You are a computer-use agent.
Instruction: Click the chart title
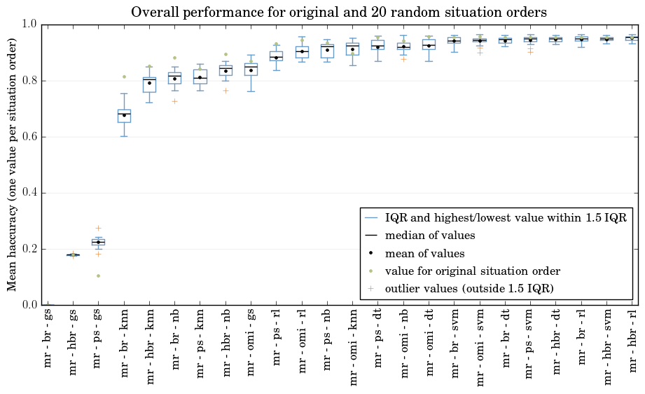coord(338,12)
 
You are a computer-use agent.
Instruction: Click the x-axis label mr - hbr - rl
coord(633,341)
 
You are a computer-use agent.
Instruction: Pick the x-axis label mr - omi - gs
coord(251,343)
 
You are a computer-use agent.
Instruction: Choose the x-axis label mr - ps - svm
coord(529,344)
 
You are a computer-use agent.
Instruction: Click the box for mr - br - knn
coord(124,116)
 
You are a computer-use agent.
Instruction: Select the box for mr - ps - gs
coord(98,242)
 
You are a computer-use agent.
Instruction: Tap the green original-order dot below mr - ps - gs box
coord(98,276)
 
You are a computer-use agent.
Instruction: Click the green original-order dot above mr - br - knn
coord(124,76)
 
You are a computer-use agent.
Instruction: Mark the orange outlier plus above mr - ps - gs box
coord(98,228)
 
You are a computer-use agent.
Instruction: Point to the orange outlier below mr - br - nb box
coord(175,101)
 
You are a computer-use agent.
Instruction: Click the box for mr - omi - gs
coord(251,69)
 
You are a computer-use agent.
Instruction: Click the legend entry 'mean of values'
coord(415,253)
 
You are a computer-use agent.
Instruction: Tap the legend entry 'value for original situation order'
coord(463,271)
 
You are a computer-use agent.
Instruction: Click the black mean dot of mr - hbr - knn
coord(150,83)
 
